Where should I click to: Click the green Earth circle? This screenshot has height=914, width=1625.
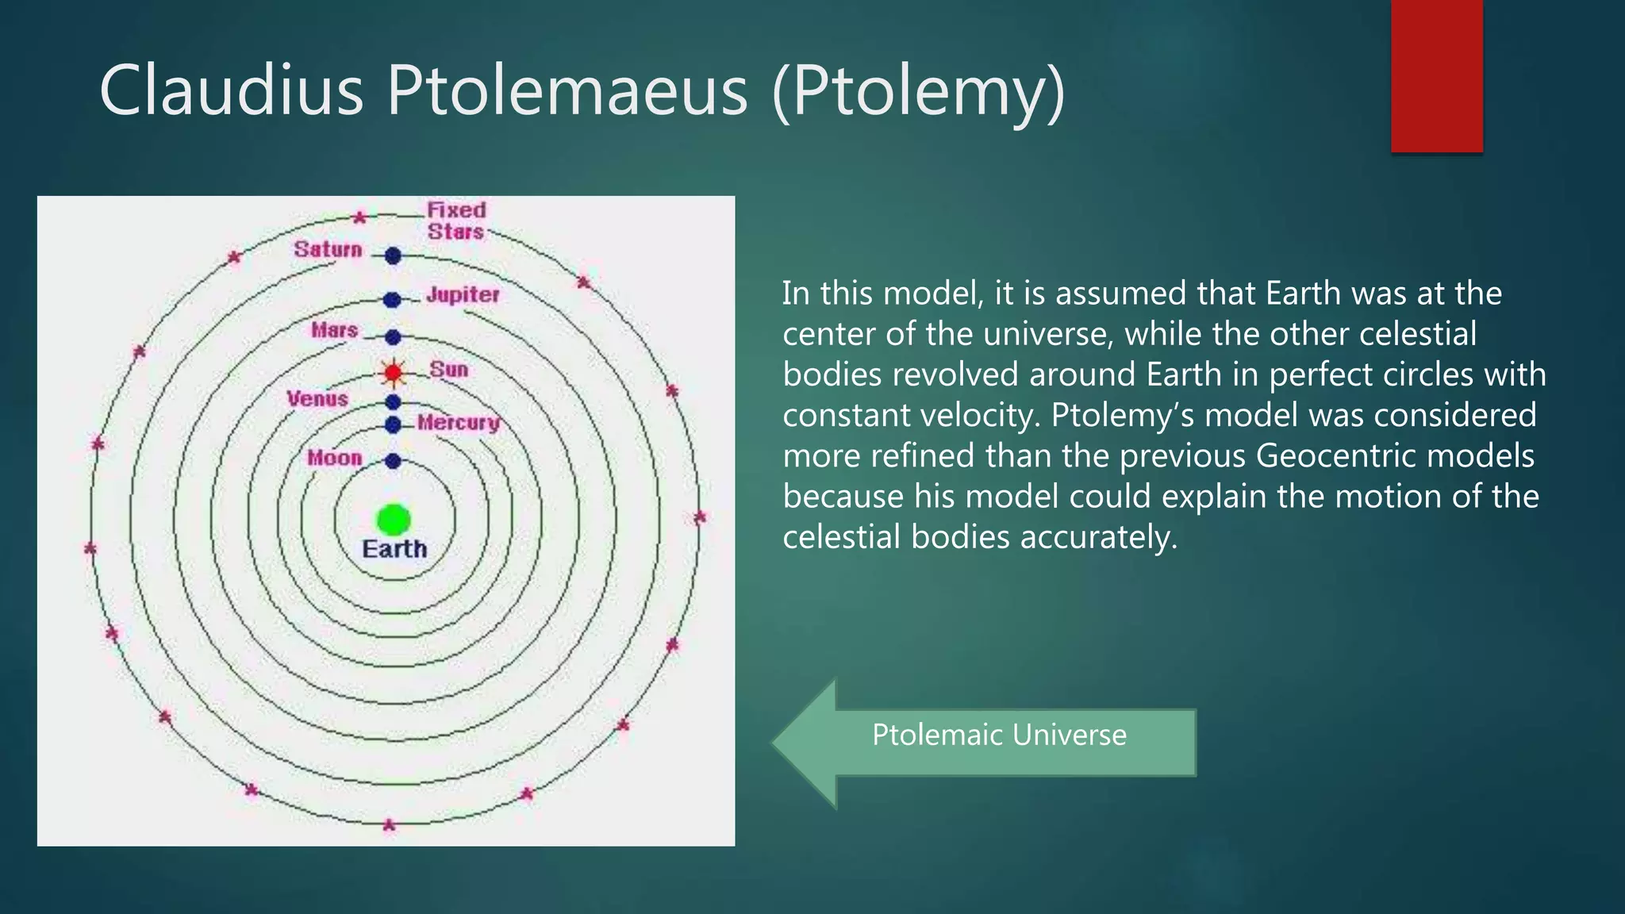click(x=394, y=520)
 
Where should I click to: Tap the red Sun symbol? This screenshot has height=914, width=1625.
click(x=393, y=372)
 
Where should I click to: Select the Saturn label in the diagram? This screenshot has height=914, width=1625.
click(x=328, y=249)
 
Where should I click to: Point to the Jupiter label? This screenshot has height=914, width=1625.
click(x=463, y=294)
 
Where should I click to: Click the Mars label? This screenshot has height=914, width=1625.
click(x=334, y=329)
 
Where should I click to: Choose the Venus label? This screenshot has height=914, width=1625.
click(x=317, y=398)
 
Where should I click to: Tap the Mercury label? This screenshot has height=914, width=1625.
click(x=459, y=423)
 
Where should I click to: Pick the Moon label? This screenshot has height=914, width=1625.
click(x=334, y=458)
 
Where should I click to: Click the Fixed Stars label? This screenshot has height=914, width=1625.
click(x=456, y=221)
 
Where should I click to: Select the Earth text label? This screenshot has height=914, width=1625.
click(x=394, y=549)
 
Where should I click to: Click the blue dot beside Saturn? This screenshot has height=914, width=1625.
click(x=393, y=255)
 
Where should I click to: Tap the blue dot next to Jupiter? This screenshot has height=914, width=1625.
click(x=392, y=300)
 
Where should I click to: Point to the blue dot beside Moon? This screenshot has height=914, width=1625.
click(x=393, y=461)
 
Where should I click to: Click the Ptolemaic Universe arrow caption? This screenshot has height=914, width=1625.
click(x=999, y=735)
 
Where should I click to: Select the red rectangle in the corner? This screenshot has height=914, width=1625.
click(x=1436, y=76)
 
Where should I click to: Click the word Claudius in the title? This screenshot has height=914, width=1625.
click(x=231, y=90)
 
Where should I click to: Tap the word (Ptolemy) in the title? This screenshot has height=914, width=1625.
click(x=918, y=92)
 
